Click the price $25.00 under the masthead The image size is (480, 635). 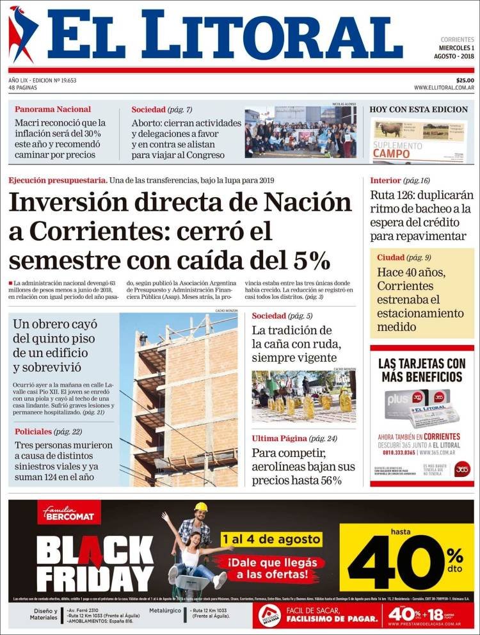(x=461, y=80)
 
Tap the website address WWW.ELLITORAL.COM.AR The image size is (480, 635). (x=444, y=88)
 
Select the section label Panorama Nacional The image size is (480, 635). (x=52, y=109)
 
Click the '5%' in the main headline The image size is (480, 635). (x=311, y=261)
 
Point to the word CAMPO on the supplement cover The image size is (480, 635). (x=391, y=154)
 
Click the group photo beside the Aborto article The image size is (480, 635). (x=300, y=133)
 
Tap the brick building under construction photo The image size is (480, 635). (x=179, y=400)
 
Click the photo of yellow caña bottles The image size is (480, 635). (x=303, y=397)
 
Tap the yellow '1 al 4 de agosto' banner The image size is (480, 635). (x=271, y=539)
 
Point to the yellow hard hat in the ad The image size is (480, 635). (x=201, y=507)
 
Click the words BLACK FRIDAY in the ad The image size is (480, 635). (x=93, y=563)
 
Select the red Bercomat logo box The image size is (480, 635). (x=68, y=513)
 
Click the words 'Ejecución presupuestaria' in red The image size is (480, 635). (x=58, y=181)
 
